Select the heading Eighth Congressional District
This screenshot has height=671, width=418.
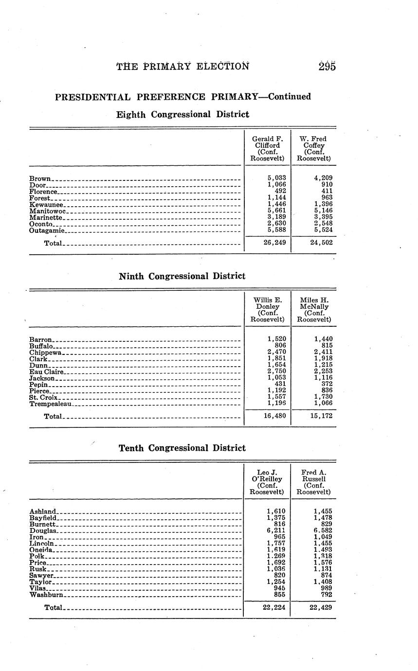point(182,115)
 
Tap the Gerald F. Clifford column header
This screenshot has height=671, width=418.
point(267,148)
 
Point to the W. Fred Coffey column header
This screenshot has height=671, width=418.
point(314,148)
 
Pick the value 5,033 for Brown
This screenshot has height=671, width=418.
point(277,178)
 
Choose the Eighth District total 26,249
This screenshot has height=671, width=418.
point(274,242)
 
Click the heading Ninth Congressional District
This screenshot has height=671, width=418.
point(182,276)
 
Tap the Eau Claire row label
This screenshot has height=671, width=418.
point(47,371)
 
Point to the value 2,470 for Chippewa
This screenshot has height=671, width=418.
point(277,352)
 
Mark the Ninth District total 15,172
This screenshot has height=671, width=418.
point(321,416)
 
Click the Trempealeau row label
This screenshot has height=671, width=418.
point(51,404)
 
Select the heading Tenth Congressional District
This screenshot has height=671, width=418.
point(182,448)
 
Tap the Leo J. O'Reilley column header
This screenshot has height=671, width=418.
point(267,482)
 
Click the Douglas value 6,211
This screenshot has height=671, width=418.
point(276,530)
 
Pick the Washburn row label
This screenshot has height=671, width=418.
point(46,594)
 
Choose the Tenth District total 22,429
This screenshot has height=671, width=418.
point(321,607)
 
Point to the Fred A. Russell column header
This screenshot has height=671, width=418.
point(313,482)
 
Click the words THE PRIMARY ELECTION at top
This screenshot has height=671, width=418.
point(182,67)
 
